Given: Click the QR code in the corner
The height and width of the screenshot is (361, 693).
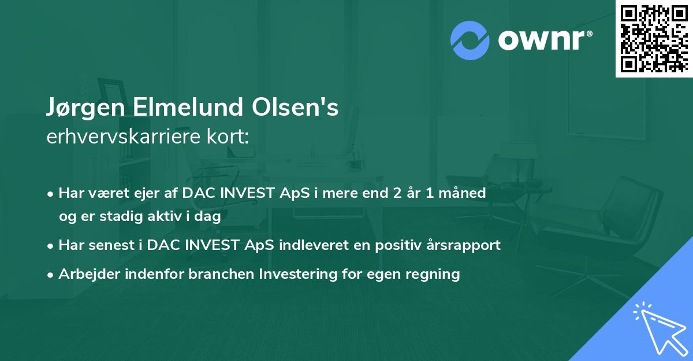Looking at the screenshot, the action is pyautogui.click(x=654, y=39).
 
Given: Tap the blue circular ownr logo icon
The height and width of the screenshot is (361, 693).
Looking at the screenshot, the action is pyautogui.click(x=470, y=40).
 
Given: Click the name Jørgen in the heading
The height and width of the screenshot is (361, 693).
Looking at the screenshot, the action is pyautogui.click(x=85, y=107).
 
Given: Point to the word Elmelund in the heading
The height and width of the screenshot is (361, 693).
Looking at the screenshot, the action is pyautogui.click(x=188, y=106).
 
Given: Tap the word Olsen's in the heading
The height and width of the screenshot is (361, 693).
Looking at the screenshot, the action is pyautogui.click(x=295, y=106).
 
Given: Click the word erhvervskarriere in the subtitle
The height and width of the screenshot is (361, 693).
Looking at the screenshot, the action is pyautogui.click(x=124, y=137).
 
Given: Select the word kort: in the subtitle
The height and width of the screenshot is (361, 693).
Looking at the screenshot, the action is pyautogui.click(x=228, y=137).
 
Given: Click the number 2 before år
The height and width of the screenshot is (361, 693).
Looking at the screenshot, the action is pyautogui.click(x=397, y=193).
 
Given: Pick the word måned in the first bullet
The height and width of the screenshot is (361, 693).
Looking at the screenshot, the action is pyautogui.click(x=462, y=193).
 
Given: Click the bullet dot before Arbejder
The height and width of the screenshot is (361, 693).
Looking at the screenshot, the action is pyautogui.click(x=50, y=275).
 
